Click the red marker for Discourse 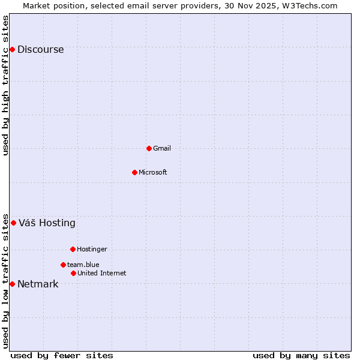(12, 49)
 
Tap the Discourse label (40, 50)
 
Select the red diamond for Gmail (149, 148)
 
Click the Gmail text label (162, 149)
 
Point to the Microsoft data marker (134, 172)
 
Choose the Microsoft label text (153, 173)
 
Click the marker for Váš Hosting (13, 223)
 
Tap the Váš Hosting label (47, 223)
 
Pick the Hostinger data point (73, 249)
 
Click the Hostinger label (92, 250)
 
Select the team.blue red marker (63, 265)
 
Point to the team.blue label (83, 265)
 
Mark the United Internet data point (73, 273)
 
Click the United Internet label (102, 274)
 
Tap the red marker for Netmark (12, 284)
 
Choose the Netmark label (38, 284)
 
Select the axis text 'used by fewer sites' (62, 355)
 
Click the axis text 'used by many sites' (301, 355)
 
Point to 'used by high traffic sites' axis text (6, 85)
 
